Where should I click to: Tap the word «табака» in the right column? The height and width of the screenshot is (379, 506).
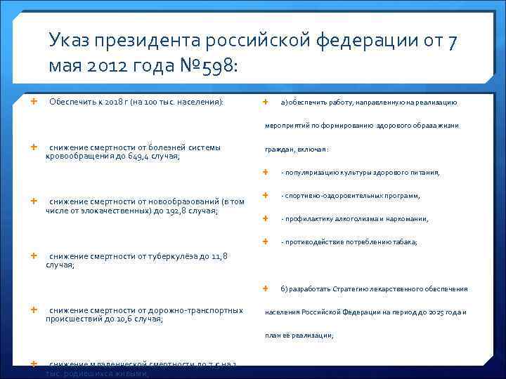click(x=403, y=242)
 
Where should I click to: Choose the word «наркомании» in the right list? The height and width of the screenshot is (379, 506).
click(x=409, y=219)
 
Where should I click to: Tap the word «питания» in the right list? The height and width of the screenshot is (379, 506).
click(x=425, y=173)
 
